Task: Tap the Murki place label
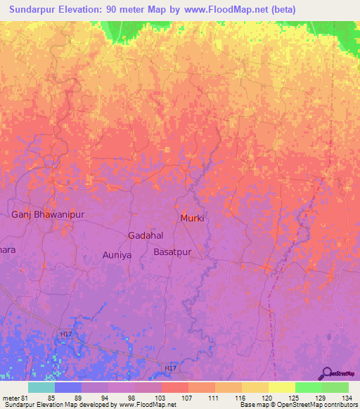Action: pos(192,218)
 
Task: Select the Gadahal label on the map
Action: pos(146,235)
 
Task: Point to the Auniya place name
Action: pos(117,255)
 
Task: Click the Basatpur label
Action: pos(172,251)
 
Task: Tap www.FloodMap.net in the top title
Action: pos(226,10)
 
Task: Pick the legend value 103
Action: pos(161,397)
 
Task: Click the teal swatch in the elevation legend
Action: pos(41,387)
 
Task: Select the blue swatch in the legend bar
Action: pos(68,387)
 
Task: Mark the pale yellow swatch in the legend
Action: pos(281,387)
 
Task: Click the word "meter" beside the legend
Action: pos(10,397)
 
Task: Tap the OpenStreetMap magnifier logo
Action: pos(326,374)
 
